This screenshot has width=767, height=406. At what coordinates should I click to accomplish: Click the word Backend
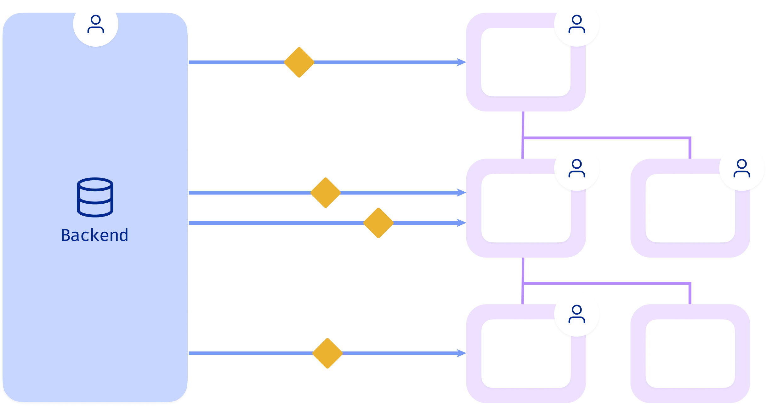pyautogui.click(x=94, y=235)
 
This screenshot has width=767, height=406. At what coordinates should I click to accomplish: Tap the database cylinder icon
pyautogui.click(x=95, y=197)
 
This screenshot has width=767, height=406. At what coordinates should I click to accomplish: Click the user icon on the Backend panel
pyautogui.click(x=96, y=24)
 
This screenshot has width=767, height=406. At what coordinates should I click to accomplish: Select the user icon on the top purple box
pyautogui.click(x=577, y=24)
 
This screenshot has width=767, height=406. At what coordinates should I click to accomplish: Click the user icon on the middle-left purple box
pyautogui.click(x=577, y=168)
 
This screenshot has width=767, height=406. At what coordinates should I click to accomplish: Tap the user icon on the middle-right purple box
pyautogui.click(x=741, y=168)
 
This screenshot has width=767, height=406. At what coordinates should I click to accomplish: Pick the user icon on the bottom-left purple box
pyautogui.click(x=577, y=314)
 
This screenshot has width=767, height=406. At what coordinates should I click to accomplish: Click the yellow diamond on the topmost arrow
pyautogui.click(x=299, y=62)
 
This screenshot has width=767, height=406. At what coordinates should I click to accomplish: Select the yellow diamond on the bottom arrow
pyautogui.click(x=327, y=353)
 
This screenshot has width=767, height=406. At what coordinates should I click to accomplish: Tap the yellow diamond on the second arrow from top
pyautogui.click(x=326, y=193)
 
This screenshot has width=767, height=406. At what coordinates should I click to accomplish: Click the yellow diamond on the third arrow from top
pyautogui.click(x=378, y=223)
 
